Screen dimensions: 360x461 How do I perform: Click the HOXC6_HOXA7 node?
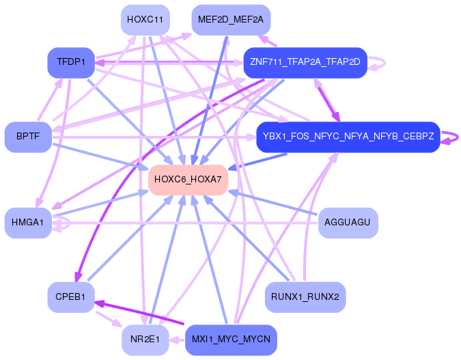tap(188, 180)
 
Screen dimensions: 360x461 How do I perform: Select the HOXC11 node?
tap(145, 20)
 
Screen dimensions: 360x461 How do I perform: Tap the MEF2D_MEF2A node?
tap(230, 20)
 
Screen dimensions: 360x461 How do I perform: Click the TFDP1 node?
tap(71, 62)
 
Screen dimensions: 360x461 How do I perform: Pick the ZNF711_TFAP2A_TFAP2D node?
tap(305, 62)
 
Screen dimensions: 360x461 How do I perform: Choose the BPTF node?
tap(28, 137)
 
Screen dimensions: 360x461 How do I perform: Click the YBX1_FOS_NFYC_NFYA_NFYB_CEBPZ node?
tap(348, 137)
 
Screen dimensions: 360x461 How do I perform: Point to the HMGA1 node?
tap(28, 223)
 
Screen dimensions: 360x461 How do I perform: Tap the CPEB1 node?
tap(71, 297)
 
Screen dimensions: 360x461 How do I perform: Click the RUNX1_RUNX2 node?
tap(305, 297)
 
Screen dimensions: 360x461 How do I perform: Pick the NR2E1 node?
tap(145, 340)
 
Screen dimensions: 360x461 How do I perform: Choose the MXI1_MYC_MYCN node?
tap(230, 340)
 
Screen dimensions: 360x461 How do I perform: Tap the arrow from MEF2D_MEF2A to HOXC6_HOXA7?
tap(212, 96)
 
